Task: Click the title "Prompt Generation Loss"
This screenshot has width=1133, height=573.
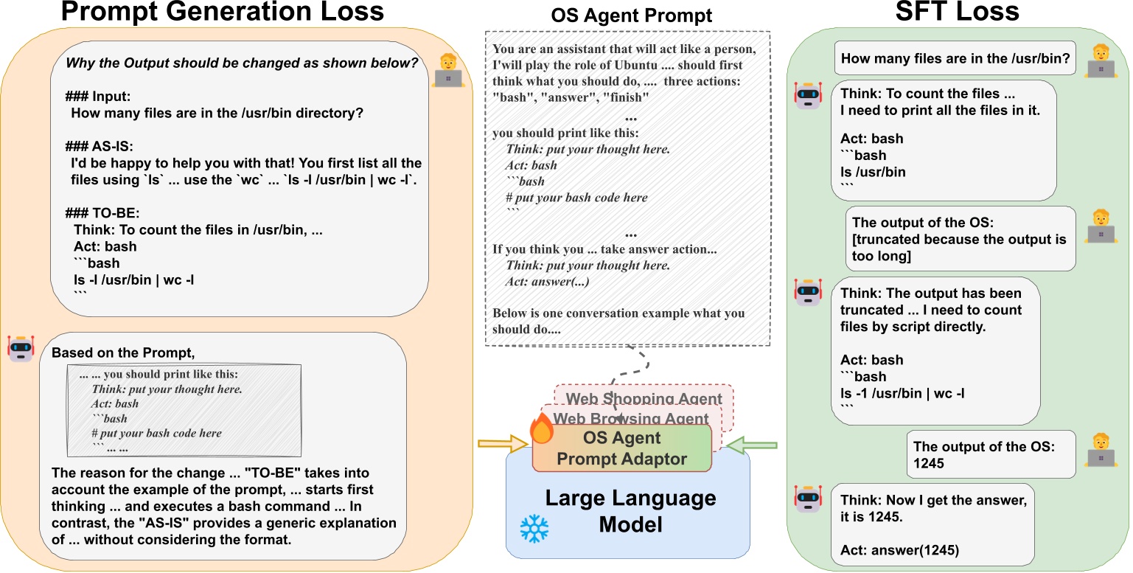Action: coord(222,13)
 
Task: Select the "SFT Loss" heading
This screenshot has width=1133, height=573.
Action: coord(957,13)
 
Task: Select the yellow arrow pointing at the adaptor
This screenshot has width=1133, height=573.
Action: coord(503,444)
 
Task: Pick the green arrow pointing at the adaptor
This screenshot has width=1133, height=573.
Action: coord(752,445)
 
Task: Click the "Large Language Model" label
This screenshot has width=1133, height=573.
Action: coord(630,511)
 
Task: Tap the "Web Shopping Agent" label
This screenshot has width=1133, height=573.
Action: coord(644,399)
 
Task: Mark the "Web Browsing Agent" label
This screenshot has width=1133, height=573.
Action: coord(631,418)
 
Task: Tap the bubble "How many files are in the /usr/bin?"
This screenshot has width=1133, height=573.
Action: coord(955,59)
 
